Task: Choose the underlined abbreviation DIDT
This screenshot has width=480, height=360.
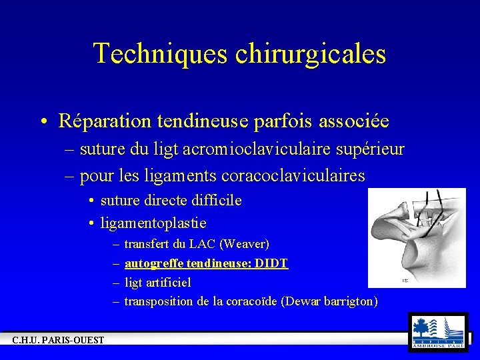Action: pyautogui.click(x=272, y=263)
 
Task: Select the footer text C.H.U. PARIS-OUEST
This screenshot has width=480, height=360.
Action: pyautogui.click(x=58, y=341)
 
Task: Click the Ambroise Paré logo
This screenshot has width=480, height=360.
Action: pyautogui.click(x=438, y=331)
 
